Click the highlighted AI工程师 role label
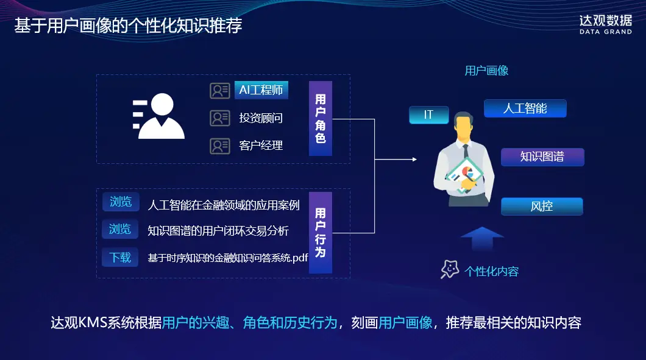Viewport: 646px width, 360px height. tap(261, 90)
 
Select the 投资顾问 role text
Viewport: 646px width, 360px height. tap(261, 118)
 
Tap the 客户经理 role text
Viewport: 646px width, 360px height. tap(261, 146)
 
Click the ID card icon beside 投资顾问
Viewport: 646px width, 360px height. tap(220, 118)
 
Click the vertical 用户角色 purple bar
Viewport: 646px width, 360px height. tap(321, 118)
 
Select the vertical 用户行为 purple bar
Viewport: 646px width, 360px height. tap(321, 232)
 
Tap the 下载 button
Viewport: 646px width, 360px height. tap(121, 257)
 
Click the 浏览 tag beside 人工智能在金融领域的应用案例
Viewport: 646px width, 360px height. tap(121, 202)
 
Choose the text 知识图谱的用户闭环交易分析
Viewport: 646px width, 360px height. tap(218, 231)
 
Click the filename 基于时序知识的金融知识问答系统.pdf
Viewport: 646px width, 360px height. tap(228, 258)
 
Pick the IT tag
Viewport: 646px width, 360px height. tap(428, 115)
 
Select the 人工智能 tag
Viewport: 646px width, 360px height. tap(525, 108)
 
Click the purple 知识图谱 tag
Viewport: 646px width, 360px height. tap(542, 157)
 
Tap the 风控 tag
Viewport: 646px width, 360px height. tap(542, 206)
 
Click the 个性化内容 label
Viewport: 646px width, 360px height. tap(492, 271)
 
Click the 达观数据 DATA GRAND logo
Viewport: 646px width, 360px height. tap(605, 24)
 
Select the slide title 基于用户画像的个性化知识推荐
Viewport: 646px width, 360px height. tap(129, 26)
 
